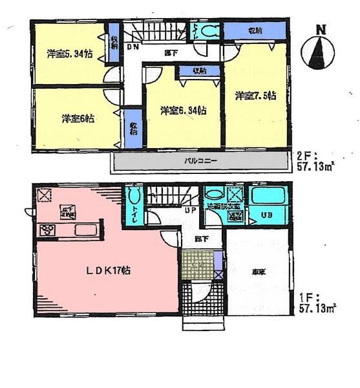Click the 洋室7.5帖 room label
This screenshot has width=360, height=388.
pyautogui.click(x=256, y=96)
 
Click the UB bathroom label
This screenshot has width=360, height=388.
pyautogui.click(x=266, y=215)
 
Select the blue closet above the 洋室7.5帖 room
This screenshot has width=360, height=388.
pyautogui.click(x=255, y=31)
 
